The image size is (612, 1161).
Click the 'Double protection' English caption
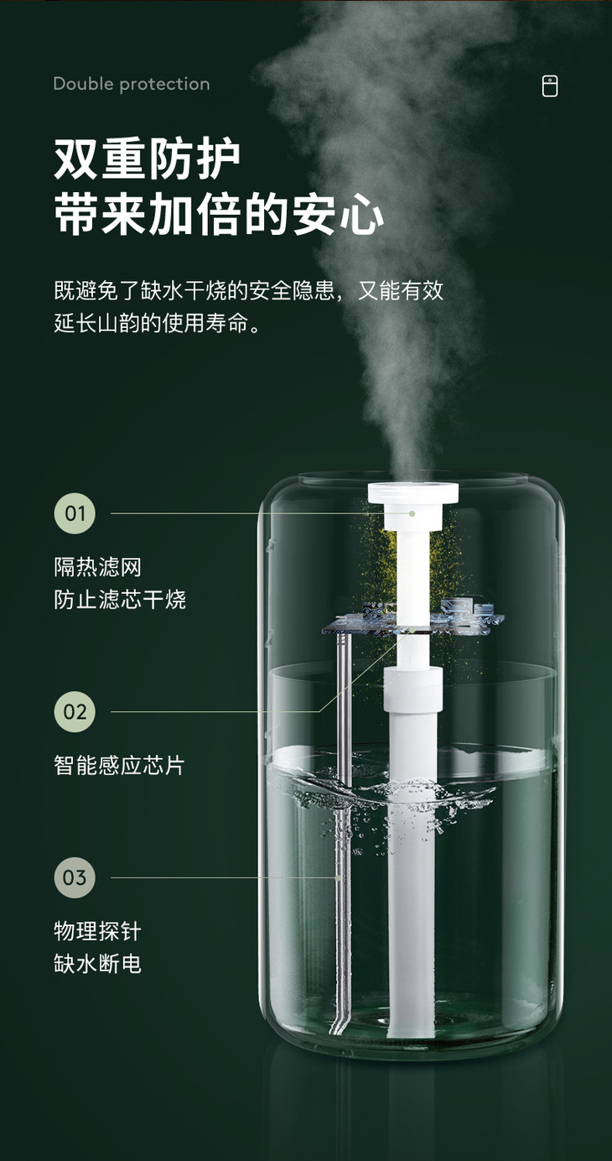(132, 84)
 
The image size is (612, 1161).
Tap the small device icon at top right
(549, 86)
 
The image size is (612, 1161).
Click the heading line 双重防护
(147, 159)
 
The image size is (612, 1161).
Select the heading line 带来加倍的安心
(219, 215)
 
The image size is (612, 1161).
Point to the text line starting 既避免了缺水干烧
(248, 291)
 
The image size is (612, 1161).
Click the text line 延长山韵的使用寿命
(158, 324)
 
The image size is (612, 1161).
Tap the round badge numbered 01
(75, 513)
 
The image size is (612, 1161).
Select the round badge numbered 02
(75, 711)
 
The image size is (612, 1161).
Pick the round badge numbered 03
(75, 877)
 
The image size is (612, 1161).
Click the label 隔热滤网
(98, 568)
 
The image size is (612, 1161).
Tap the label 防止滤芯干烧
(120, 600)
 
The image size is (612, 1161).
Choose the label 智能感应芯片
(120, 766)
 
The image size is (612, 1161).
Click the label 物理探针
(98, 931)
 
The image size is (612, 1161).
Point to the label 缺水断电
(98, 964)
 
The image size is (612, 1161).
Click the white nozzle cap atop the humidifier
(413, 492)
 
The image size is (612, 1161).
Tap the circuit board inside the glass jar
(413, 619)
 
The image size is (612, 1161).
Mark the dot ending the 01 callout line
(412, 513)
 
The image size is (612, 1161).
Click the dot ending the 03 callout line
(338, 877)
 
